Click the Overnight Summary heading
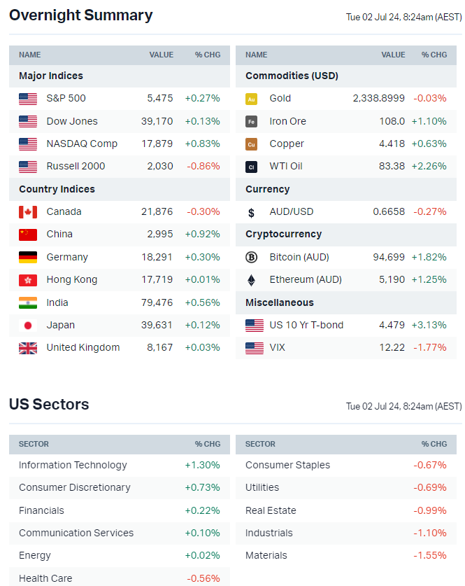(x=80, y=15)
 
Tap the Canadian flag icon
(x=28, y=211)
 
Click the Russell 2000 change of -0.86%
(x=203, y=166)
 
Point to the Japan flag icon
(x=28, y=325)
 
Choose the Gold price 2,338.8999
(x=378, y=98)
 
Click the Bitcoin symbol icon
(x=252, y=257)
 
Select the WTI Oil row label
(x=285, y=166)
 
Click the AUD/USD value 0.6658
(x=389, y=211)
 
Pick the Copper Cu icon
(x=252, y=144)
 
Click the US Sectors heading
(x=49, y=405)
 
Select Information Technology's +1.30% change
(x=202, y=465)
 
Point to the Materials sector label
(x=266, y=555)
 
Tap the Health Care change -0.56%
(x=203, y=578)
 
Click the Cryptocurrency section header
(x=283, y=234)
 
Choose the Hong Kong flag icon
(x=28, y=279)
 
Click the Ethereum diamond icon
(x=252, y=279)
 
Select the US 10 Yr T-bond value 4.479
(x=392, y=325)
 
